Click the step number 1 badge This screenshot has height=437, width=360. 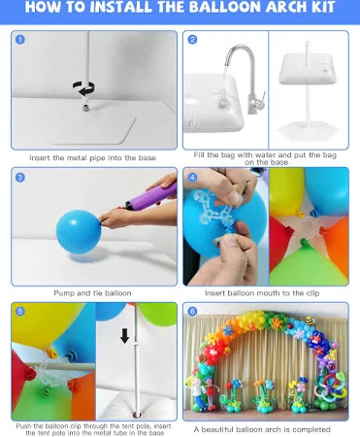coord(20,40)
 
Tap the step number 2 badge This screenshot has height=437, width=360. coord(192,40)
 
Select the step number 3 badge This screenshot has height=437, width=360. coord(20,177)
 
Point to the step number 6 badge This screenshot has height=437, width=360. coord(192,312)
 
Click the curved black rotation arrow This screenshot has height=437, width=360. coord(83,88)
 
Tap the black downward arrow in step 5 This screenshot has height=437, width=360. coord(124,336)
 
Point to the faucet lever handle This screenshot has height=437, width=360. coord(263,97)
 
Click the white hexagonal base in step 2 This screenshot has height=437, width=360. coord(308,129)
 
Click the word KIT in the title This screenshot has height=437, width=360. coord(322,7)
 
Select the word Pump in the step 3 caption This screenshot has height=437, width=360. coord(64,293)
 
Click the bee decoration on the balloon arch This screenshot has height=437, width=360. coord(311,320)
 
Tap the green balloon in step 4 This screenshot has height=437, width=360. coord(309,264)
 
